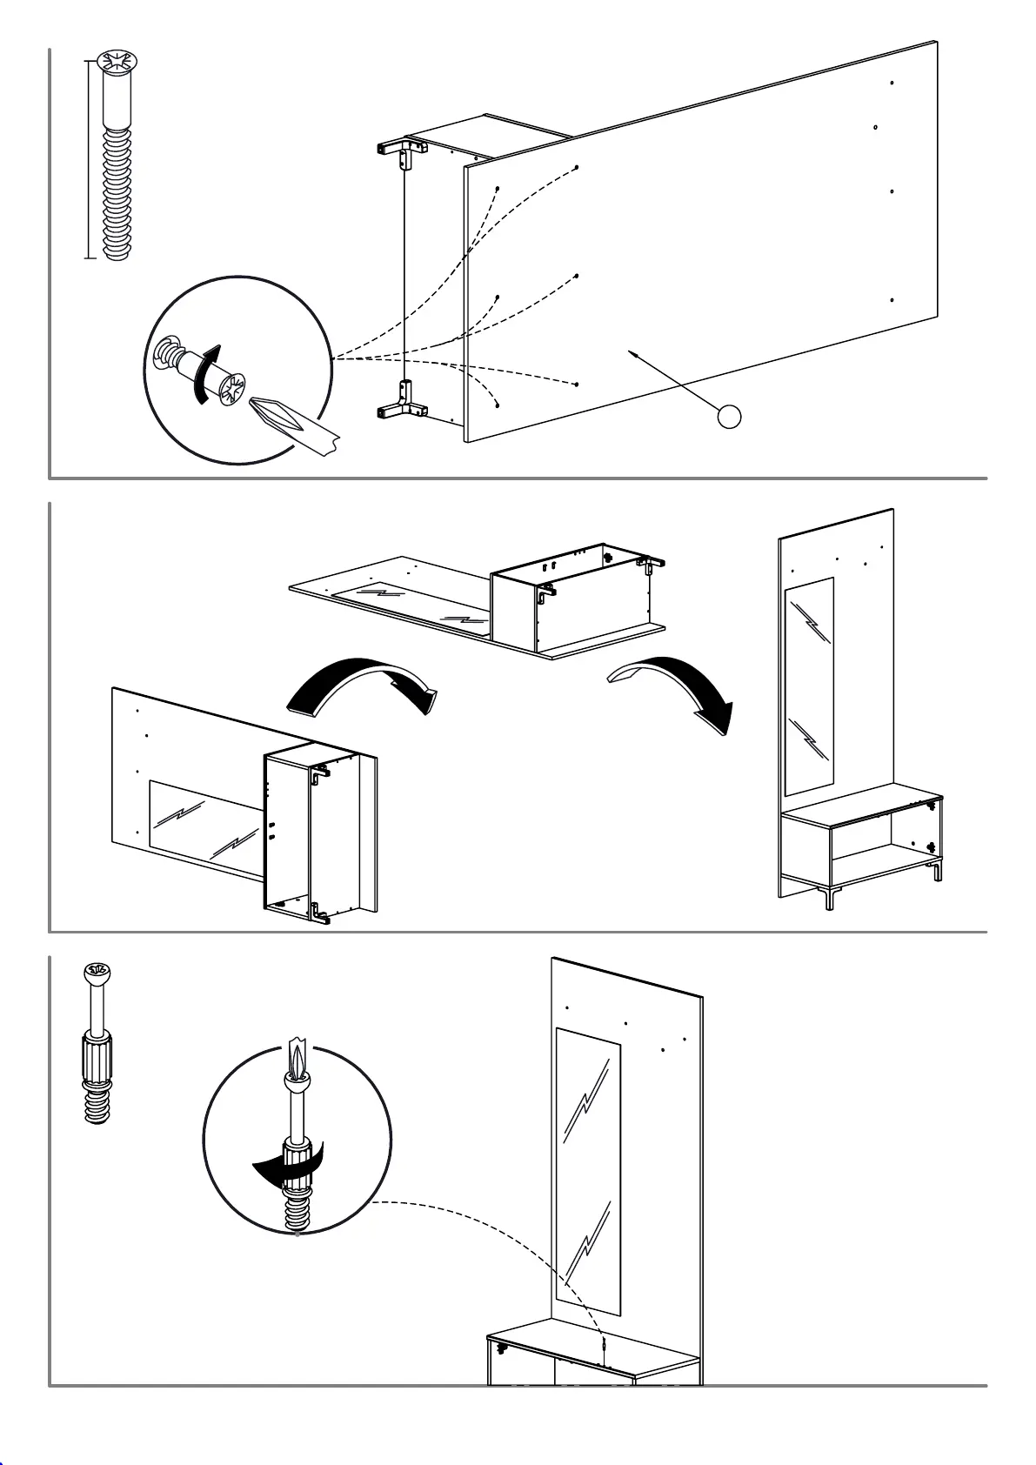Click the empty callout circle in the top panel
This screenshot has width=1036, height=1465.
click(x=730, y=417)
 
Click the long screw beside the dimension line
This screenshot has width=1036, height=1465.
click(x=117, y=174)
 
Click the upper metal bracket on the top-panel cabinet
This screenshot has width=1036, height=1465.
click(x=402, y=152)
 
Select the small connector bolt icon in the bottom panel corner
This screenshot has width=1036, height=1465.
click(x=97, y=1044)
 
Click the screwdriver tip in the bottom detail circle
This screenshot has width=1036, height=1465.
click(x=297, y=1058)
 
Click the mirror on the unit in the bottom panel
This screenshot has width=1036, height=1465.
click(x=588, y=1171)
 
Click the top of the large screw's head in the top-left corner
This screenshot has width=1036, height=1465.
click(x=117, y=62)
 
